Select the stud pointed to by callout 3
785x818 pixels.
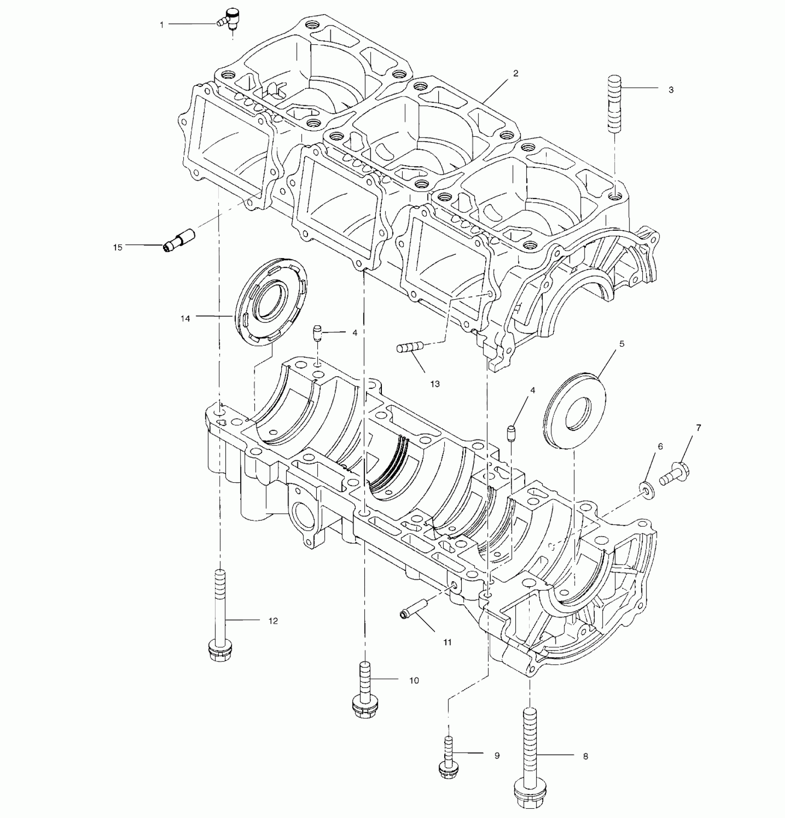[x=614, y=104]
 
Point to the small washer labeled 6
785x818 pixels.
[x=645, y=489]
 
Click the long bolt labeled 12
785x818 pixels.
[x=221, y=614]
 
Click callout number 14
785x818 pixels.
[x=185, y=319]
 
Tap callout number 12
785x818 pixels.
[x=273, y=621]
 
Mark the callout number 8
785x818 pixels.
[x=586, y=757]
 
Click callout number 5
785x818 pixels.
[x=622, y=343]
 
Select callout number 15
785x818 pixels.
[x=118, y=247]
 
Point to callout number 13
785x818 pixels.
[x=435, y=384]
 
